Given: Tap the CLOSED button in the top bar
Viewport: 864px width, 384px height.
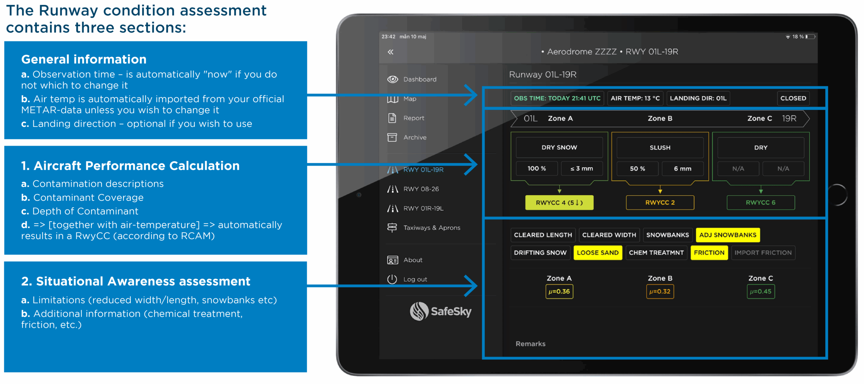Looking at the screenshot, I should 793,98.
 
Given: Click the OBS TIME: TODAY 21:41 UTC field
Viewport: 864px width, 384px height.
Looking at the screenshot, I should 557,98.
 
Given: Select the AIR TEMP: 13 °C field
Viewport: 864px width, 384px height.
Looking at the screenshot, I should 635,98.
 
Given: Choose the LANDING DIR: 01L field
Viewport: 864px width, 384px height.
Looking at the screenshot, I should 698,98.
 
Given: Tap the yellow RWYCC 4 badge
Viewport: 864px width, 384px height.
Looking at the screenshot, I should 559,202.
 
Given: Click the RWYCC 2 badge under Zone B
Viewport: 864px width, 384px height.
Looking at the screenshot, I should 660,202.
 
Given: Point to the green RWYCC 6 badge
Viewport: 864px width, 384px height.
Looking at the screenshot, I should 760,202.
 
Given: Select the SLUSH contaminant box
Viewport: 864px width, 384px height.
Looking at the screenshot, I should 660,147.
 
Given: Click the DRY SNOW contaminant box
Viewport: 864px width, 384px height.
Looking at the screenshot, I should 559,147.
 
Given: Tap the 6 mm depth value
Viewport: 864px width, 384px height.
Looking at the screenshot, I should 682,168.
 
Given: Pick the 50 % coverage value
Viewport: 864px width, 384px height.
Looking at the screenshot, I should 637,168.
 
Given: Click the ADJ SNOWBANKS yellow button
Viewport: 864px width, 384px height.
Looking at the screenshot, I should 728,235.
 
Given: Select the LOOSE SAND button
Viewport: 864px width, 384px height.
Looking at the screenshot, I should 597,253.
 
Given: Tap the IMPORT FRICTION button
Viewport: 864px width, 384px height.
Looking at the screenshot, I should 763,253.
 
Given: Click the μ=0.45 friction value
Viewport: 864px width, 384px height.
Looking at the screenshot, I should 760,292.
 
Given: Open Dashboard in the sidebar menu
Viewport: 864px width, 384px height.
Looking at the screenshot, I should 420,79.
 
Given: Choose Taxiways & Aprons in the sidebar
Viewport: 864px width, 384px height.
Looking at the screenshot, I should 431,228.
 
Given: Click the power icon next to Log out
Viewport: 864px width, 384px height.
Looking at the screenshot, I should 392,279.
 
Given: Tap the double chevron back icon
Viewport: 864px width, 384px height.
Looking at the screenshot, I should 390,52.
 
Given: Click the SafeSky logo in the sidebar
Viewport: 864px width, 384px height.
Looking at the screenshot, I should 440,311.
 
